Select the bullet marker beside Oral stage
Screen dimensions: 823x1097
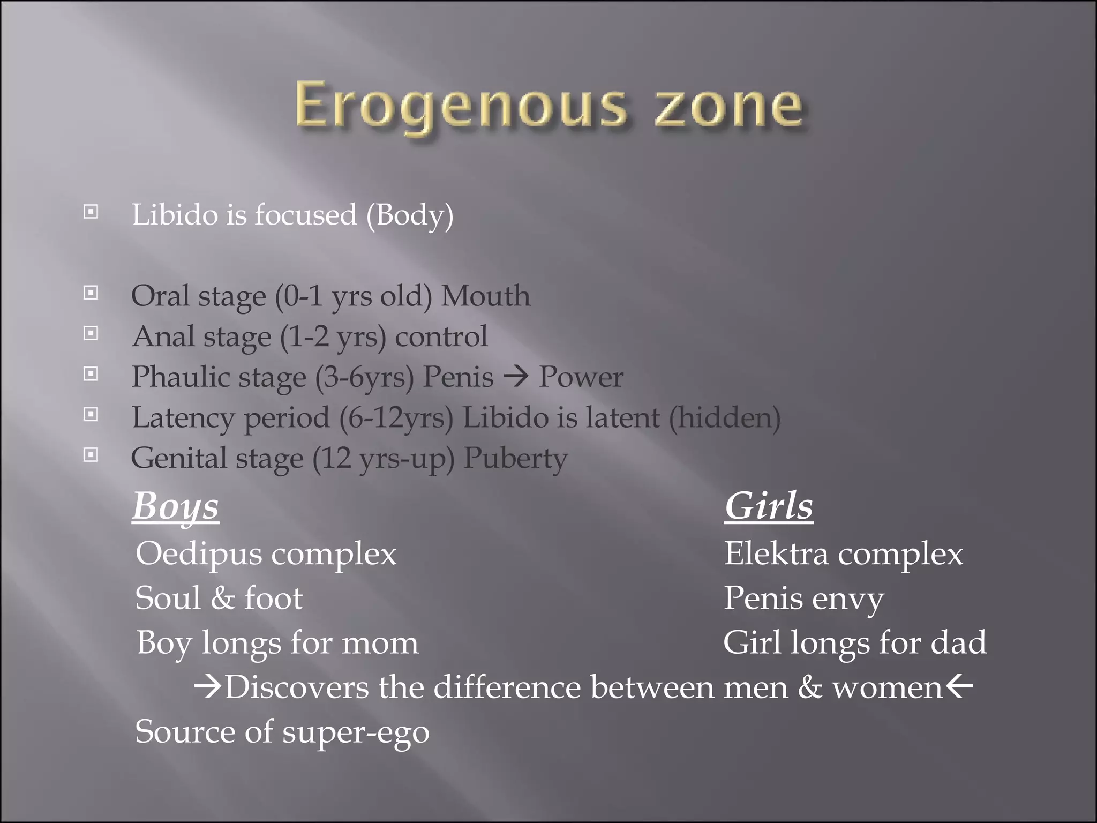91,293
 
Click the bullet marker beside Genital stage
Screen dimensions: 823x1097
91,455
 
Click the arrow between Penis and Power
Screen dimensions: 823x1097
516,377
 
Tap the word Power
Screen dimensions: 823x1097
581,377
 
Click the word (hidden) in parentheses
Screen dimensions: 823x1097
725,417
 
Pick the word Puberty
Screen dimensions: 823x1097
515,458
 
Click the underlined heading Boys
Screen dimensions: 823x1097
176,506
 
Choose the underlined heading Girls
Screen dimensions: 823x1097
769,506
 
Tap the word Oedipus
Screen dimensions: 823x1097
199,554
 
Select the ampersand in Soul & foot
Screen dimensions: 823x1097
222,598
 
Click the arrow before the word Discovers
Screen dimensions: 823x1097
207,687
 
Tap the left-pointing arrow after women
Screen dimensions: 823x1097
959,686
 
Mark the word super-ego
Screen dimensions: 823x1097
356,732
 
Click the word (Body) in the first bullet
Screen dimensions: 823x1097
410,215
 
